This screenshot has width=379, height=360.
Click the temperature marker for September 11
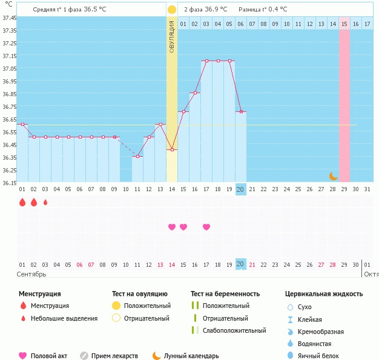(x=137, y=156)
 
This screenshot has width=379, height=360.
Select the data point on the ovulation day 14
(x=172, y=149)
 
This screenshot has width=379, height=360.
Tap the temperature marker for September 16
(x=195, y=93)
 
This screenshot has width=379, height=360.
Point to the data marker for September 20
(x=241, y=111)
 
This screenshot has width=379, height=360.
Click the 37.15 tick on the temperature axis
(x=10, y=56)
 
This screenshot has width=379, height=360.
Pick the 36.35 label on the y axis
(x=10, y=157)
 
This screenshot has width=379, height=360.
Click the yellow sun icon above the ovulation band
(x=172, y=10)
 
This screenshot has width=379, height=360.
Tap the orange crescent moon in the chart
(x=334, y=176)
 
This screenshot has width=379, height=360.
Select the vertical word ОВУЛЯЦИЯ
(x=172, y=37)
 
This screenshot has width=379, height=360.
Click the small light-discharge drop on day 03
(x=45, y=202)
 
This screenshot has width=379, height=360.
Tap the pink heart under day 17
(x=206, y=227)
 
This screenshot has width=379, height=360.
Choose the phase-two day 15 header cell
(x=344, y=24)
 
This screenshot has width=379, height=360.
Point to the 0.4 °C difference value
(x=278, y=10)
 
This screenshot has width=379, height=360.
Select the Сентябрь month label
(x=31, y=274)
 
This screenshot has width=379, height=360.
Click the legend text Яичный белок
(x=318, y=356)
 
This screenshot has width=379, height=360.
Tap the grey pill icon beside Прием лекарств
(x=84, y=356)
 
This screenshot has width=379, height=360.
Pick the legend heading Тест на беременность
(x=225, y=294)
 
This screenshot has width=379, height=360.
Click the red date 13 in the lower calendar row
(x=160, y=265)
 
